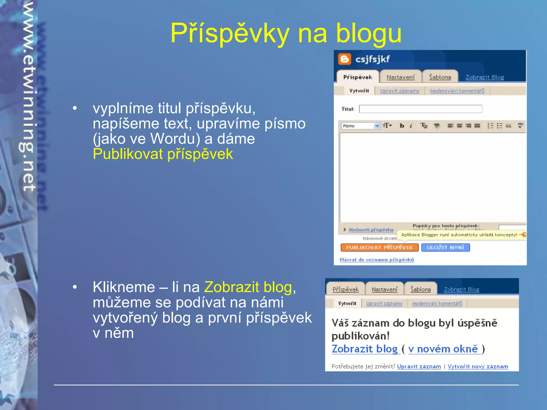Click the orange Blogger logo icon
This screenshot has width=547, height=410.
click(x=344, y=59)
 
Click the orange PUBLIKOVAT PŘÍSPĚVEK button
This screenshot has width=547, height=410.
click(x=379, y=247)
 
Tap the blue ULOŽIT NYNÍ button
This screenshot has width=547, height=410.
click(x=445, y=247)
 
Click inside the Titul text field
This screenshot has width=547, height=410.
click(x=420, y=109)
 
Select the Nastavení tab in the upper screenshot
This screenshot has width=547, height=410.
click(x=400, y=77)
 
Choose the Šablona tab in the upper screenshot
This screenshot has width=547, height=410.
click(x=440, y=77)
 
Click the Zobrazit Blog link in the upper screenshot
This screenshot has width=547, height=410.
click(x=485, y=77)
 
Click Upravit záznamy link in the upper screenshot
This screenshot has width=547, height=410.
click(x=400, y=91)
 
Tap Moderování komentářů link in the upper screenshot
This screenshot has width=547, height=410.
click(x=457, y=91)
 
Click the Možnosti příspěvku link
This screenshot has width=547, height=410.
click(x=371, y=230)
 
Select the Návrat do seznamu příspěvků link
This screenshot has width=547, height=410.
click(x=377, y=259)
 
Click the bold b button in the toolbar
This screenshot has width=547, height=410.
click(x=402, y=126)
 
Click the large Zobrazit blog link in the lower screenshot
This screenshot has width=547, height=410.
click(x=365, y=349)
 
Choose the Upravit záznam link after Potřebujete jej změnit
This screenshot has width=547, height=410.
click(x=419, y=366)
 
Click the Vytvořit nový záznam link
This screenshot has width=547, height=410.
click(x=478, y=366)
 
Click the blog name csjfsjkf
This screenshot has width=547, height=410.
click(x=372, y=59)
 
